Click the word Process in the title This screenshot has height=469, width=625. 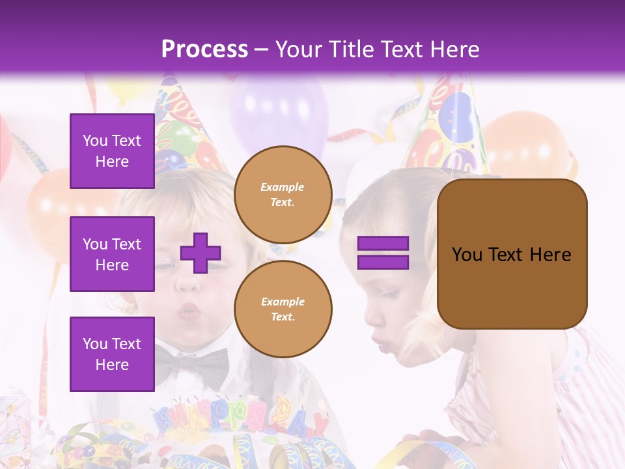point(204,49)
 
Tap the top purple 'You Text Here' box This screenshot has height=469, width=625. point(112,151)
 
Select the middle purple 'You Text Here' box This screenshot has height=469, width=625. point(112,254)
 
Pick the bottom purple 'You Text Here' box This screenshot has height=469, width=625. point(112,354)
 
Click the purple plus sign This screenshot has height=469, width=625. point(201,253)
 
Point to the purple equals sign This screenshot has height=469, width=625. point(383,253)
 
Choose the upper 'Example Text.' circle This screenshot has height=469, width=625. point(283,195)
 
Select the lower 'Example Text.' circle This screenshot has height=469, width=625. point(283,309)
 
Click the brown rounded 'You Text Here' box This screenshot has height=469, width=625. point(512,254)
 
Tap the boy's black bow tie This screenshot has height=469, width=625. point(193,367)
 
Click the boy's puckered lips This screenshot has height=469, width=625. point(189,311)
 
